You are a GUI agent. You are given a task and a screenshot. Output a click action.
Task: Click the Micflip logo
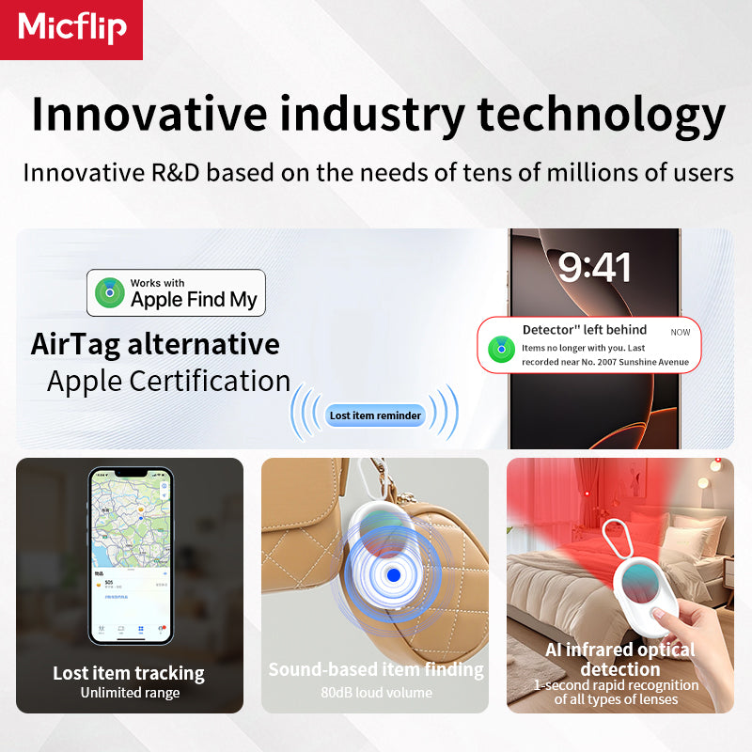click(x=71, y=28)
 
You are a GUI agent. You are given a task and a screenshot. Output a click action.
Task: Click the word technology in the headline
click(x=602, y=115)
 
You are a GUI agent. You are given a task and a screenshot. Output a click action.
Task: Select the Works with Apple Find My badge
click(x=176, y=292)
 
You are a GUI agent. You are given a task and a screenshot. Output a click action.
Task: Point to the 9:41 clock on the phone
click(x=594, y=268)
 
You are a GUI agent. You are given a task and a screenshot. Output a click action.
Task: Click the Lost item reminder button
click(x=375, y=415)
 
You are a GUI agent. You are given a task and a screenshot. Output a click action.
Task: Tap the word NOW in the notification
click(x=681, y=332)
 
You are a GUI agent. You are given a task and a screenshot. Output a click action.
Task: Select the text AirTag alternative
click(x=155, y=344)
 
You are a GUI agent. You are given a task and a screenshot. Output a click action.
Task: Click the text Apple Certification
click(x=168, y=381)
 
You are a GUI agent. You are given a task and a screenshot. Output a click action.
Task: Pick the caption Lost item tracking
click(x=129, y=673)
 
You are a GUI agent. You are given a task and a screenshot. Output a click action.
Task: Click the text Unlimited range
click(x=129, y=694)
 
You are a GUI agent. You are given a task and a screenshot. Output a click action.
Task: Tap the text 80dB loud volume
click(x=375, y=693)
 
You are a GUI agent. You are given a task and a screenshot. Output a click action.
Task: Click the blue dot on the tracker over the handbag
click(x=394, y=574)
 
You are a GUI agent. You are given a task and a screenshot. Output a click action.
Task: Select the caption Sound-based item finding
click(x=375, y=669)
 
